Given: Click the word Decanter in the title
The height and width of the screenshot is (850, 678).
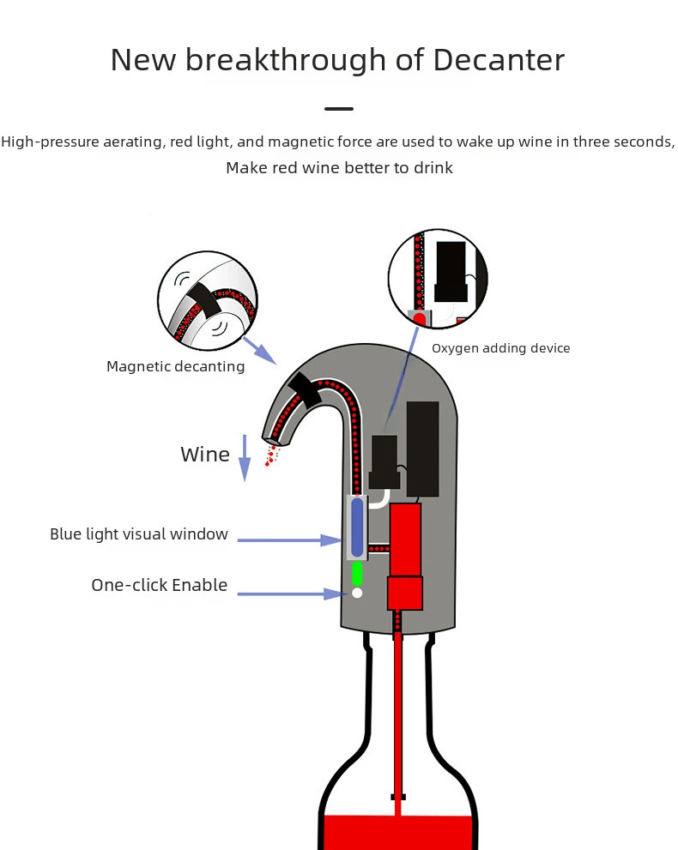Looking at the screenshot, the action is click(499, 60).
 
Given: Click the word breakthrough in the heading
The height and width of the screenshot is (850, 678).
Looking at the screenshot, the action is click(285, 60).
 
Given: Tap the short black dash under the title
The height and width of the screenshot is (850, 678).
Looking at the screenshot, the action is click(339, 109).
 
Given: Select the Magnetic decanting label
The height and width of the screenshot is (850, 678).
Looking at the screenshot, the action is click(175, 366).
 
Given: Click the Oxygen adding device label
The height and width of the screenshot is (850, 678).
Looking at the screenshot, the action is click(500, 348).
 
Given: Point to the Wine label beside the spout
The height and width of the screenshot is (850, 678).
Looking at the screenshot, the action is click(205, 455).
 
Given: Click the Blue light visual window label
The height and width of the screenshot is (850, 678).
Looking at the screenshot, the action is click(139, 534).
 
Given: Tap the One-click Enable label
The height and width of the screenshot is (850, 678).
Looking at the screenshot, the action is click(160, 585).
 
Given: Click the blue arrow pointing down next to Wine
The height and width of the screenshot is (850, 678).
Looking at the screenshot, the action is click(245, 458).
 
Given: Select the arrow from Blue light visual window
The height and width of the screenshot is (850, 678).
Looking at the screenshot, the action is click(290, 540).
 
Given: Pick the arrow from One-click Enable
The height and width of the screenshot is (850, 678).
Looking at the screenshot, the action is click(292, 594).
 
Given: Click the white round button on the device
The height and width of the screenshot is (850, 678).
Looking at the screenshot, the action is click(357, 593).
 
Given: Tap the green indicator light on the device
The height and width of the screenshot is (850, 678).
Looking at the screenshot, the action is click(357, 574).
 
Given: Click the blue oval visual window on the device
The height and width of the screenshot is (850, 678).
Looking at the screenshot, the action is click(357, 527).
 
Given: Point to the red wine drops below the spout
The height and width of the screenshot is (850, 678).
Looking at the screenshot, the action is click(271, 455).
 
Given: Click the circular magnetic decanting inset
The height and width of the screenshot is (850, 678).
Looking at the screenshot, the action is click(208, 301).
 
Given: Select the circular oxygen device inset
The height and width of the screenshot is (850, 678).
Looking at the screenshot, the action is click(438, 279).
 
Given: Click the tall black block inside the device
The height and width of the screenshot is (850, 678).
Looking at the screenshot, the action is click(422, 449).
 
